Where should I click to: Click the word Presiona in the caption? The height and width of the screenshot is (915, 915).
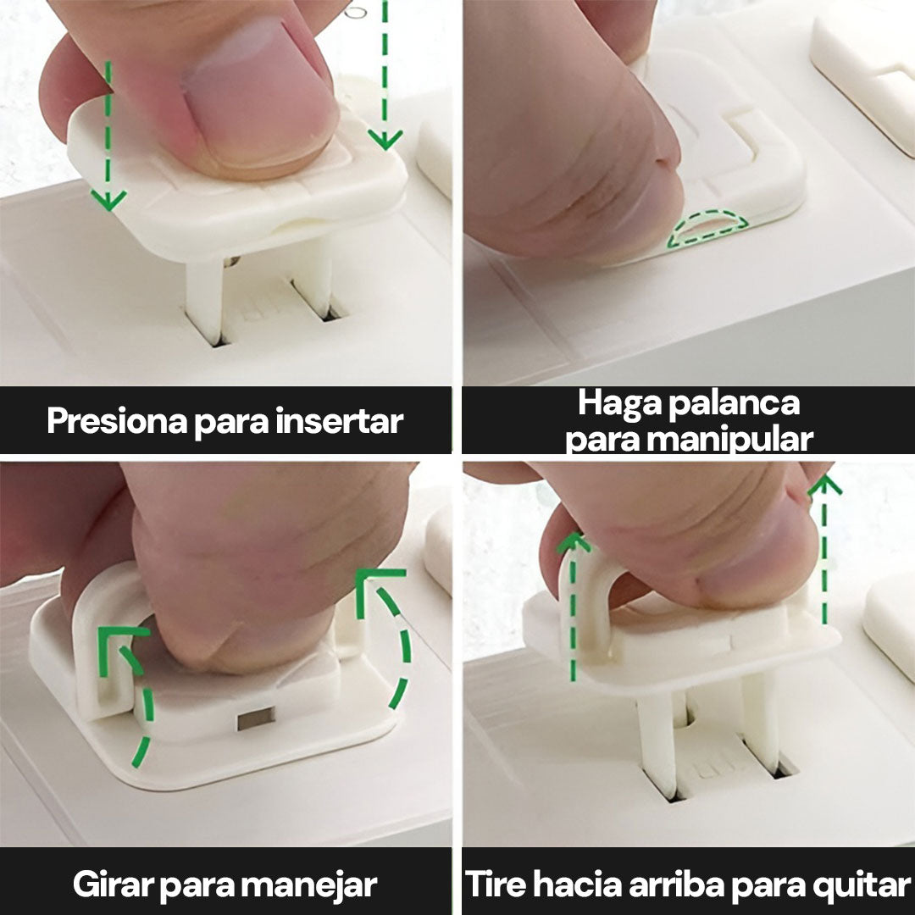pos(117,421)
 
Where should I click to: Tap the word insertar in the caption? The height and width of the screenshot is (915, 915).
pos(339,421)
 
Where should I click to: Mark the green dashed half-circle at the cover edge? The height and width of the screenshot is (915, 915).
pos(707,229)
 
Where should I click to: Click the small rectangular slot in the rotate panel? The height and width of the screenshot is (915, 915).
pos(256,718)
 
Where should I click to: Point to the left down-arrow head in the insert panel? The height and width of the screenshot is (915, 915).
pos(108,200)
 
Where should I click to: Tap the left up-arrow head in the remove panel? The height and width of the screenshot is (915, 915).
pos(573,543)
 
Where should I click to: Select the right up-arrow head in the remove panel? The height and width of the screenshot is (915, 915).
pos(824,485)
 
